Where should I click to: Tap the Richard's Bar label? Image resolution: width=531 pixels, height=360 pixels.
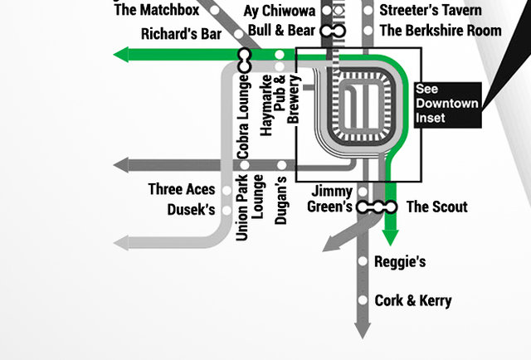[x=180, y=35]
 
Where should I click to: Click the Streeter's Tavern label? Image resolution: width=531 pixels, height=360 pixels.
[x=431, y=11]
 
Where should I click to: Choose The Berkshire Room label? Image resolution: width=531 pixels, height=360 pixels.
[x=440, y=31]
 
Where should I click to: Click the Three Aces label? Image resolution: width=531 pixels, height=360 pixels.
[x=181, y=189]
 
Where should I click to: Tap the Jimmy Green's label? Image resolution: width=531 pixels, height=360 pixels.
[x=332, y=199]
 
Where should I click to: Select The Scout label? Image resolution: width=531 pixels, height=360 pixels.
[x=436, y=207]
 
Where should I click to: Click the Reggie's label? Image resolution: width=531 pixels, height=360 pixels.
[x=400, y=262]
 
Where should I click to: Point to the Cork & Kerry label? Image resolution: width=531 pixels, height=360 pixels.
[x=413, y=300]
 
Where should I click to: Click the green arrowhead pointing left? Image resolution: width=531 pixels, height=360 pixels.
[x=121, y=55]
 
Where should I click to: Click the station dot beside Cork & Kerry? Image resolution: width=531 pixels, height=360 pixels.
[x=363, y=300]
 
